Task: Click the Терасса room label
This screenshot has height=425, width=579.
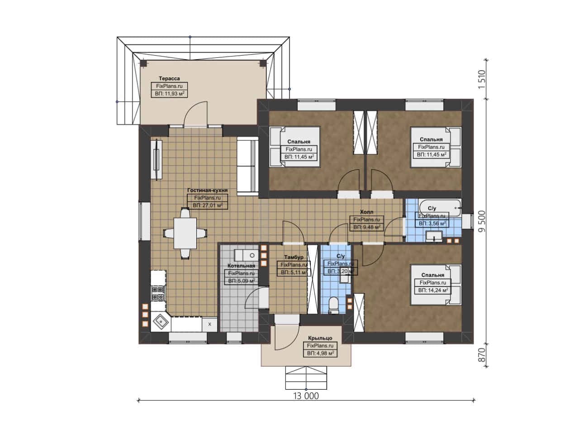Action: (x=169, y=78)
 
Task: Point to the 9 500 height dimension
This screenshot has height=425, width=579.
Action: (x=482, y=221)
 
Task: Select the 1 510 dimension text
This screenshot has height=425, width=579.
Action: (x=482, y=79)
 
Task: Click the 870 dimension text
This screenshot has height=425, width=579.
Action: (x=482, y=355)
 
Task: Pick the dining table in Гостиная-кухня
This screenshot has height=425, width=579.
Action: (x=185, y=234)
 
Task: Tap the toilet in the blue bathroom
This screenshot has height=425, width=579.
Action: (x=333, y=305)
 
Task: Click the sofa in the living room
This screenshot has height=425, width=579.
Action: (x=247, y=166)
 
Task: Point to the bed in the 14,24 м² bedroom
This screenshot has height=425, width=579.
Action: (x=436, y=285)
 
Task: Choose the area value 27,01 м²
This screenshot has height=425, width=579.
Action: (x=208, y=205)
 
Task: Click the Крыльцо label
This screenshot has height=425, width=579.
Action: (x=320, y=338)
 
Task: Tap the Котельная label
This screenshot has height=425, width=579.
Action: (x=241, y=266)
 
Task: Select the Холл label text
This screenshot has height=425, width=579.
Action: (x=366, y=212)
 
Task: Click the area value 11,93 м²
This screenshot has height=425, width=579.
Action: (x=170, y=94)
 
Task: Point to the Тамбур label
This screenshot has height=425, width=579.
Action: (x=294, y=257)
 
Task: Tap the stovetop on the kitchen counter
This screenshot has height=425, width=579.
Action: (x=158, y=293)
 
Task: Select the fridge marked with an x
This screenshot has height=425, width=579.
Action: (x=209, y=325)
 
